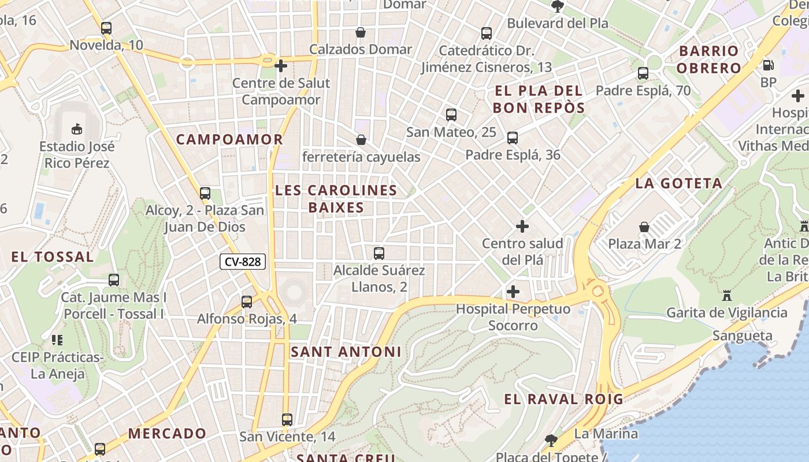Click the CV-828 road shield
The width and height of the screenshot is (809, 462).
pos(243,262)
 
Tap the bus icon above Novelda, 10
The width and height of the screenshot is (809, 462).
pos(106,28)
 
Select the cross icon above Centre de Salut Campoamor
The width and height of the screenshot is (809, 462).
pos(281,66)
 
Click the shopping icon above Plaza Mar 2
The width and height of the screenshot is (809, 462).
pos(644,227)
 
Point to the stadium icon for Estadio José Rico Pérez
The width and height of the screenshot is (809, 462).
pos(76,128)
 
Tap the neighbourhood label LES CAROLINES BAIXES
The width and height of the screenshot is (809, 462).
pos(336,199)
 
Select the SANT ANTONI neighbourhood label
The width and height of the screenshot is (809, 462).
pos(346,352)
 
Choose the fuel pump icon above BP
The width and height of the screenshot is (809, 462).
pos(768,66)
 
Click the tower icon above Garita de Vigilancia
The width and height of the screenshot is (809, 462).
pos(726,296)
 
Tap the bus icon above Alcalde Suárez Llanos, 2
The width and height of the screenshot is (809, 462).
pos(379,253)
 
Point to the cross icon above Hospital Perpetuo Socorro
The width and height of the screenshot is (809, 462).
pos(513,292)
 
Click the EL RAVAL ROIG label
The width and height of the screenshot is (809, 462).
pos(563,399)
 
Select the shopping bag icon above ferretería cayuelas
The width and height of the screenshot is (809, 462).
pos(361,140)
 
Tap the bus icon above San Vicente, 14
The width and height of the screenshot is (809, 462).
pos(287,419)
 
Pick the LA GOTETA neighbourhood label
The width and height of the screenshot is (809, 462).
pos(678,184)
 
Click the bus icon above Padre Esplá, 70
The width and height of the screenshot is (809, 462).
pos(643,73)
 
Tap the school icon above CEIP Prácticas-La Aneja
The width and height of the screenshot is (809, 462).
pos(57,340)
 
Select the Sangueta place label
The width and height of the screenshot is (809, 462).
pos(742,336)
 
